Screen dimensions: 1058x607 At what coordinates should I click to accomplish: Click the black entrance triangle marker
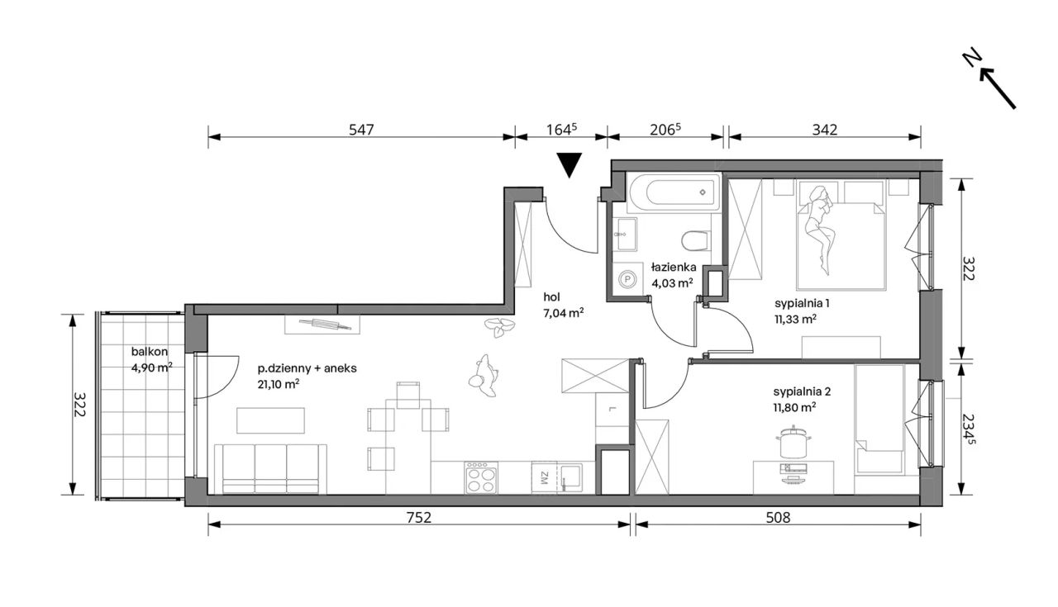pos(570,164)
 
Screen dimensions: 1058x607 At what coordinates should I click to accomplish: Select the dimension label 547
pos(361,130)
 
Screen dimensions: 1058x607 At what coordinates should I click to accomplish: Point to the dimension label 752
pos(419,518)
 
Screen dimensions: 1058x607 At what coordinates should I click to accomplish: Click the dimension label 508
pos(778,518)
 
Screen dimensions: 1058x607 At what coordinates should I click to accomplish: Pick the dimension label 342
pos(825,130)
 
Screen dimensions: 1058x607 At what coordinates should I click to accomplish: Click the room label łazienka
pos(674,267)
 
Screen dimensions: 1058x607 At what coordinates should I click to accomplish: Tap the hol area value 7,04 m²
pos(564,313)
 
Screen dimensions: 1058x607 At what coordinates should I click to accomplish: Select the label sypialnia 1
pos(802,303)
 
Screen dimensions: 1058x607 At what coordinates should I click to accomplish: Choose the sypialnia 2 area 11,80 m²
pos(795,407)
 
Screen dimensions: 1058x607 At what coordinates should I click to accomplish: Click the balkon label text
pos(150,352)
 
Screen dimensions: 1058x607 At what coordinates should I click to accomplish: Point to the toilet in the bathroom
pos(696,240)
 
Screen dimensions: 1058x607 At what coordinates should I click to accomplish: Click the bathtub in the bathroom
pos(674,192)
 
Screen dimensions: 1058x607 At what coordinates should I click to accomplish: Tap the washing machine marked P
pos(627,279)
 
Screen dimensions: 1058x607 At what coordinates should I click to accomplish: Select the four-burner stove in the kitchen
pos(481,477)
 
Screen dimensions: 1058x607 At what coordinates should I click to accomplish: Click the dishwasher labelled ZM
pos(545,477)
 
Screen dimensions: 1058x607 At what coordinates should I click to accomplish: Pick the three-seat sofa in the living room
pos(270,469)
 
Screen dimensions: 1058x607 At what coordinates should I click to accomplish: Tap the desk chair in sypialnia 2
pos(793,443)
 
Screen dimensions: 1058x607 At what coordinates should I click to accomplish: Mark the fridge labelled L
pos(612,410)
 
